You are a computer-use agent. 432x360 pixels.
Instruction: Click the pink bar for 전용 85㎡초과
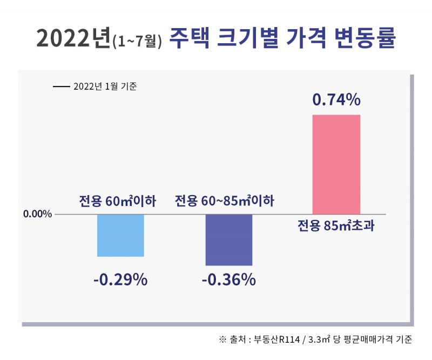point(336,164)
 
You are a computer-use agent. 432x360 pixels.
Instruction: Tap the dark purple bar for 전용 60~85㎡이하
point(228,239)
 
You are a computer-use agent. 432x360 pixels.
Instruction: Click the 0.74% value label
point(336,100)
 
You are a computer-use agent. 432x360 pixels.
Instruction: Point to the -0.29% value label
point(120,280)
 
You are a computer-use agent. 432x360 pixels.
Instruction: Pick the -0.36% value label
point(228,280)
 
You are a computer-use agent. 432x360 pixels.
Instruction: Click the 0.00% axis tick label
point(37,214)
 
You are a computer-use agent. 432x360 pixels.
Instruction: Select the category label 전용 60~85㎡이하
point(225,202)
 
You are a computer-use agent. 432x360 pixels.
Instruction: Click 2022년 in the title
point(73,39)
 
